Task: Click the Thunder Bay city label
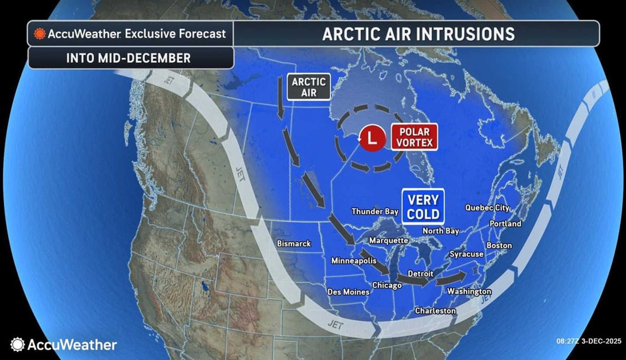375,211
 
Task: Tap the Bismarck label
294,244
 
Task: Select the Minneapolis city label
354,261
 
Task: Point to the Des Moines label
348,292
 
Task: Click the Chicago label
387,285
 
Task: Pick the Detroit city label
420,274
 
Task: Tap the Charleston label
435,311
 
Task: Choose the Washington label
469,291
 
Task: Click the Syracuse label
466,254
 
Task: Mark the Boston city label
499,246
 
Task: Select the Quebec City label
487,208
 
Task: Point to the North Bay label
440,231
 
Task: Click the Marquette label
388,240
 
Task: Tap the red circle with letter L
372,138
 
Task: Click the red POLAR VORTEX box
414,137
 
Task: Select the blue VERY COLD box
423,207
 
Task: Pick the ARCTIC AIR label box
308,87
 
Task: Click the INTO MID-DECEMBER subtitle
128,58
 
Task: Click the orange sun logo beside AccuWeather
39,34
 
